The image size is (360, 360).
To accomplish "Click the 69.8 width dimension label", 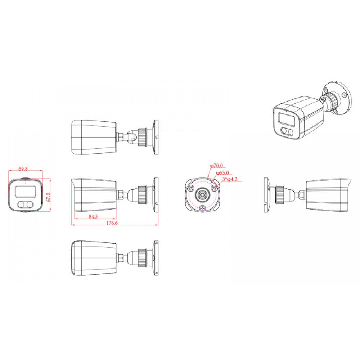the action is pos(23,169).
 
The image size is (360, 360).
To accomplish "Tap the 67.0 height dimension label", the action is pos(48,197).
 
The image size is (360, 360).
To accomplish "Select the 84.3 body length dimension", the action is pos(93,216).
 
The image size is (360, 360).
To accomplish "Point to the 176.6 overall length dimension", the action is pos(112,223).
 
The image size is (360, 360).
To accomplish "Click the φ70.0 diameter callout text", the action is pos(216,165).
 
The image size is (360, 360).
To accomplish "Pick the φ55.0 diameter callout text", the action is pos(222,173).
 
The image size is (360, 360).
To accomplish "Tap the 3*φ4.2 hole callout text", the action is pos(230,179).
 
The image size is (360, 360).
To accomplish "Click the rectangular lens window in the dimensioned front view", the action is pos(26,191).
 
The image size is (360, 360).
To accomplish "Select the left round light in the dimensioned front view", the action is pos(22,204).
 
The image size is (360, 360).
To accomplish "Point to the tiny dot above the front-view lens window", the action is pos(25,183).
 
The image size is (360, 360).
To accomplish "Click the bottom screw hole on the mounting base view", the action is pos(202,208).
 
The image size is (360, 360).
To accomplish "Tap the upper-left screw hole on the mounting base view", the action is pos(191,188).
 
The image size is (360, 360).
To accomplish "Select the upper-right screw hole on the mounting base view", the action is pos(214,188).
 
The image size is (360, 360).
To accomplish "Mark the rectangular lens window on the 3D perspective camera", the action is pos(286,120).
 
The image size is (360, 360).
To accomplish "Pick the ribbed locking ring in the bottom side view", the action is pos(142,257).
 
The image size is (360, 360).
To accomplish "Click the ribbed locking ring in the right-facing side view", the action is pos(280,195).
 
